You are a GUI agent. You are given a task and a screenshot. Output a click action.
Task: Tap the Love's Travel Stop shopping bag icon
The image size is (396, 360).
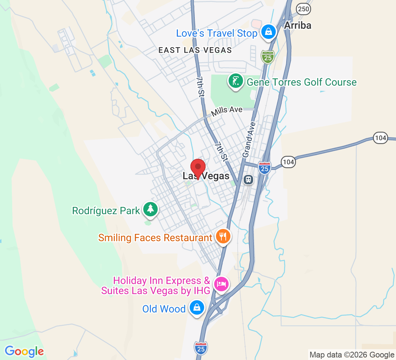coord(268,32)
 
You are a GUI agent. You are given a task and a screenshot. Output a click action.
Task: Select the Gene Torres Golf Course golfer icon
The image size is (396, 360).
coord(235,81)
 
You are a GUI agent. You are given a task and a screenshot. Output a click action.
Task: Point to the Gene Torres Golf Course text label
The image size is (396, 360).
coord(301,82)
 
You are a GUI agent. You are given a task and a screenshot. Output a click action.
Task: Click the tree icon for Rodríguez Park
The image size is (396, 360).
coord(150,209)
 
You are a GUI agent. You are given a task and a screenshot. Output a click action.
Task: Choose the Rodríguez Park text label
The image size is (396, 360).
coord(106,211)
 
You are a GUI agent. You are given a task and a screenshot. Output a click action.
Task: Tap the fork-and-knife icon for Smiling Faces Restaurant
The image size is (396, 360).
coord(223,237)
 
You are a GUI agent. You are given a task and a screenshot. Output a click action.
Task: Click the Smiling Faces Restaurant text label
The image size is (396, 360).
coord(155,238)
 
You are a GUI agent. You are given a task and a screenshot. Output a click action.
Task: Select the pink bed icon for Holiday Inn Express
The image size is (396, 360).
coord(221,284)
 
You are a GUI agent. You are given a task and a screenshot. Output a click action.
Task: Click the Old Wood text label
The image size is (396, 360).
coord(164,309)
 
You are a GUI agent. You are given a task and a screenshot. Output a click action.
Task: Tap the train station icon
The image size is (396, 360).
coord(248,179)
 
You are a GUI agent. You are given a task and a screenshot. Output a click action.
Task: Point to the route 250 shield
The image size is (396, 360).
coord(304,9)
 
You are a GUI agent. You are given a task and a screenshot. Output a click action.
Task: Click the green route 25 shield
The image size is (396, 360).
coord(268,57)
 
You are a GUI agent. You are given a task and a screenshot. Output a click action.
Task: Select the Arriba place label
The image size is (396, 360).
coord(297,25)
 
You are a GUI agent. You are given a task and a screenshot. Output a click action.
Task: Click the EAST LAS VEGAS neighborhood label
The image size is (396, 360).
coord(195,50)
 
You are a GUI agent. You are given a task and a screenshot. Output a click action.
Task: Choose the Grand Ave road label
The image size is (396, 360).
coord(249,139)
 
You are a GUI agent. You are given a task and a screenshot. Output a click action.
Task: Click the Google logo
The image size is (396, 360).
coord(24,351)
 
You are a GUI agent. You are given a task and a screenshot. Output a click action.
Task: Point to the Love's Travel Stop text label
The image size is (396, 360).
coord(217,33)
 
